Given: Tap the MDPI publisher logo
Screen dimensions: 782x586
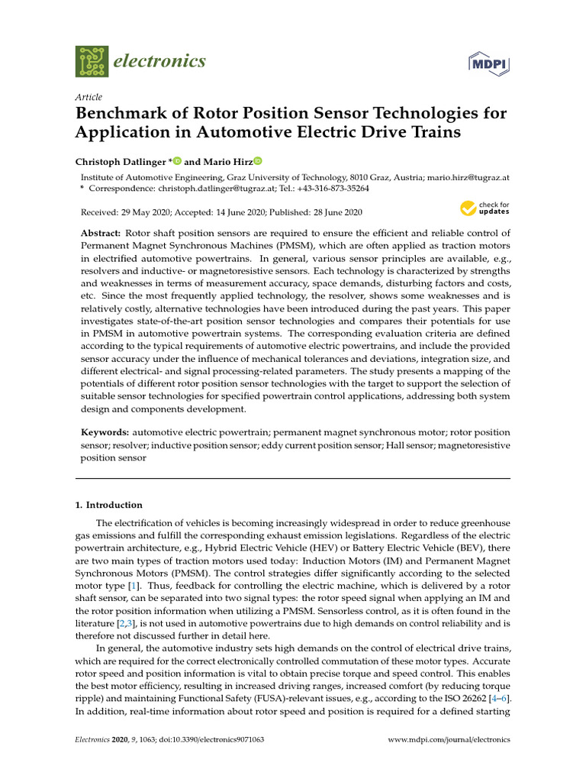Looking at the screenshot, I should click(488, 63).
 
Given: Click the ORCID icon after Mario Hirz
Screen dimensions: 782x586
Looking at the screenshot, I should click(257, 161).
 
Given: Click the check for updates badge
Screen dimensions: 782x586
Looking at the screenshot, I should click(485, 208).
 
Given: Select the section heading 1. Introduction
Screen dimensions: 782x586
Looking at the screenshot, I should click(108, 505).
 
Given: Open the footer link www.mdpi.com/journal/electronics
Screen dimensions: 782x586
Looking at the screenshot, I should click(449, 740).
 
